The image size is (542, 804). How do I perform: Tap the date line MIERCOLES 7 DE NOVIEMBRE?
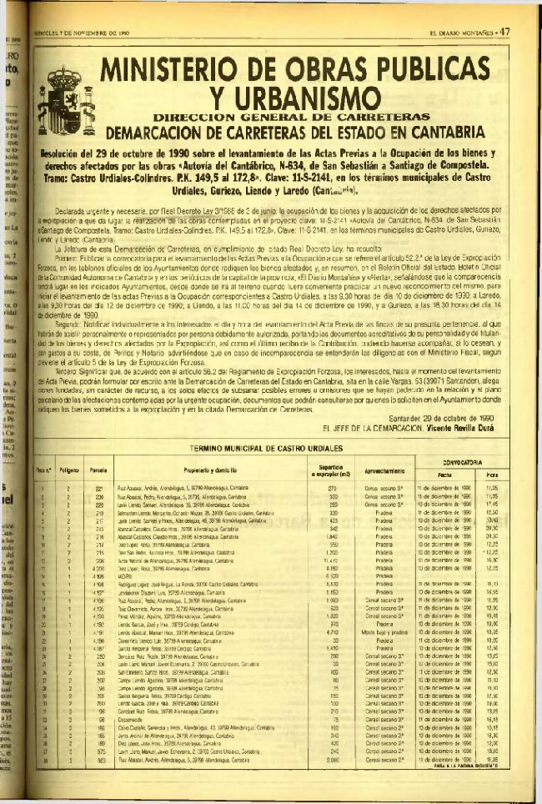click(x=79, y=33)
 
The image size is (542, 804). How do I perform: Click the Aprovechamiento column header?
click(x=384, y=470)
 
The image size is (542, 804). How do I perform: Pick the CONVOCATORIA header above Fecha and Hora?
click(x=465, y=461)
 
